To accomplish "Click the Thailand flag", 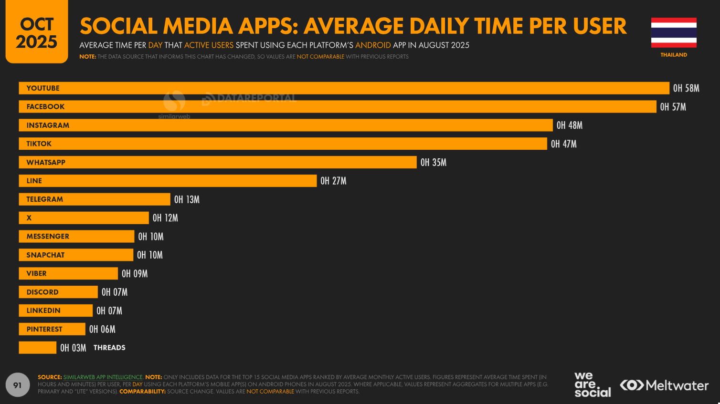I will click(x=674, y=32).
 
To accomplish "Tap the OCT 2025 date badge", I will click(x=37, y=32).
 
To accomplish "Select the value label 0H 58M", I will click(x=686, y=88).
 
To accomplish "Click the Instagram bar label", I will click(x=48, y=125).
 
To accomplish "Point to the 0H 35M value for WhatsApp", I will click(x=433, y=163).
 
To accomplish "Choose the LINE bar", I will click(x=167, y=181).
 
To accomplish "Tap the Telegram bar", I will click(x=95, y=199).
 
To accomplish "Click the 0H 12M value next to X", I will click(x=165, y=218).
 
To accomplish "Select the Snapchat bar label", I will click(x=45, y=255).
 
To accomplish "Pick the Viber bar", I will click(x=68, y=273).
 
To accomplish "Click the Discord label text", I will click(x=42, y=292).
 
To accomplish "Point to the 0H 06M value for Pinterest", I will click(x=102, y=329).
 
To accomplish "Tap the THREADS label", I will click(x=109, y=348).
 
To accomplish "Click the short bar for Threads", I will click(x=37, y=348).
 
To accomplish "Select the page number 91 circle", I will click(x=18, y=385).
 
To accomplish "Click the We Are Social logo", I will click(x=592, y=384).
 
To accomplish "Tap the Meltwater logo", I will click(x=664, y=385).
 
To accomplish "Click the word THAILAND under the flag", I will click(x=674, y=55).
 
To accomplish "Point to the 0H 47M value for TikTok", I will click(x=563, y=144).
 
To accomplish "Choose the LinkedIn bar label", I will click(x=43, y=311).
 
